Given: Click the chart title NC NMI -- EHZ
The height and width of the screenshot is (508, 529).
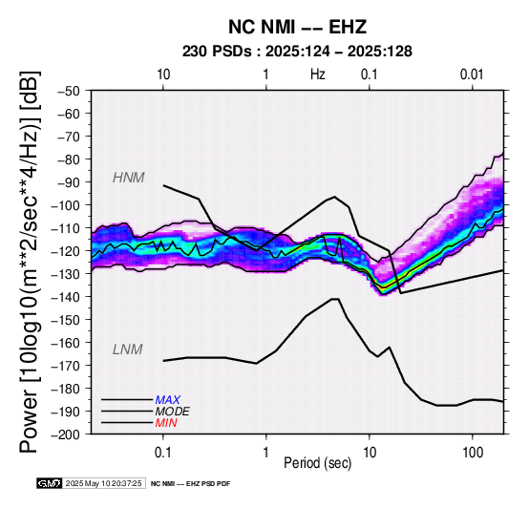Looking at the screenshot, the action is [x=297, y=27].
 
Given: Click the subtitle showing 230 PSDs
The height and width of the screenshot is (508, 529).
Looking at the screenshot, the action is [x=297, y=52].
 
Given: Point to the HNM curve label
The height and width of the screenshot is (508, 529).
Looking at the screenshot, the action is [x=129, y=178].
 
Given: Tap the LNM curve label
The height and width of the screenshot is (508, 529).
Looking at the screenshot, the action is [x=128, y=349].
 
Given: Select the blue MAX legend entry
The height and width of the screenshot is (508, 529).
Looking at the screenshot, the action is [x=168, y=400].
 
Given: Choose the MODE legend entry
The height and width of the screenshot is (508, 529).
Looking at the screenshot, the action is [x=173, y=412].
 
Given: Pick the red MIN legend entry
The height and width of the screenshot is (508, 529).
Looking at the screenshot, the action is [x=166, y=423].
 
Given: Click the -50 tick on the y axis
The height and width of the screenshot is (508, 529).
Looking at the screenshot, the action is [x=69, y=91].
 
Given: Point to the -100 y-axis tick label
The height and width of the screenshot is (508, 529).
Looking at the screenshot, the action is [x=66, y=205].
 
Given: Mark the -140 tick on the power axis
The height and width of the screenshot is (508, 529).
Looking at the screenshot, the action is [x=66, y=297].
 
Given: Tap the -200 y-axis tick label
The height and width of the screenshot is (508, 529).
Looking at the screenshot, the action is [x=66, y=434].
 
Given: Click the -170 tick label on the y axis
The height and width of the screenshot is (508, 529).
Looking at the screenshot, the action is [x=66, y=366].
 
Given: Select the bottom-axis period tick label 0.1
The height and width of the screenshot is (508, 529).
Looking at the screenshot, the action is [x=163, y=453].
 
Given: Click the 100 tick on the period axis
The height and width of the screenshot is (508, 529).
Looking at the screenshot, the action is [x=473, y=453].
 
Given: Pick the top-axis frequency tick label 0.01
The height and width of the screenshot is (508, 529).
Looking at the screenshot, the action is [x=472, y=74].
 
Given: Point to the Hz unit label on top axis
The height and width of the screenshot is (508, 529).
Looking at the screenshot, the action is [x=318, y=74].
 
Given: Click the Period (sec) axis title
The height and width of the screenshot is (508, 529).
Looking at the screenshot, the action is [x=317, y=463].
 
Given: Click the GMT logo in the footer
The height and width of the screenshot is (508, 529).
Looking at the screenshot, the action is [x=50, y=483].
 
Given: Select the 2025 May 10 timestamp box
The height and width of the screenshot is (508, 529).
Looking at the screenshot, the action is [x=104, y=483].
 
